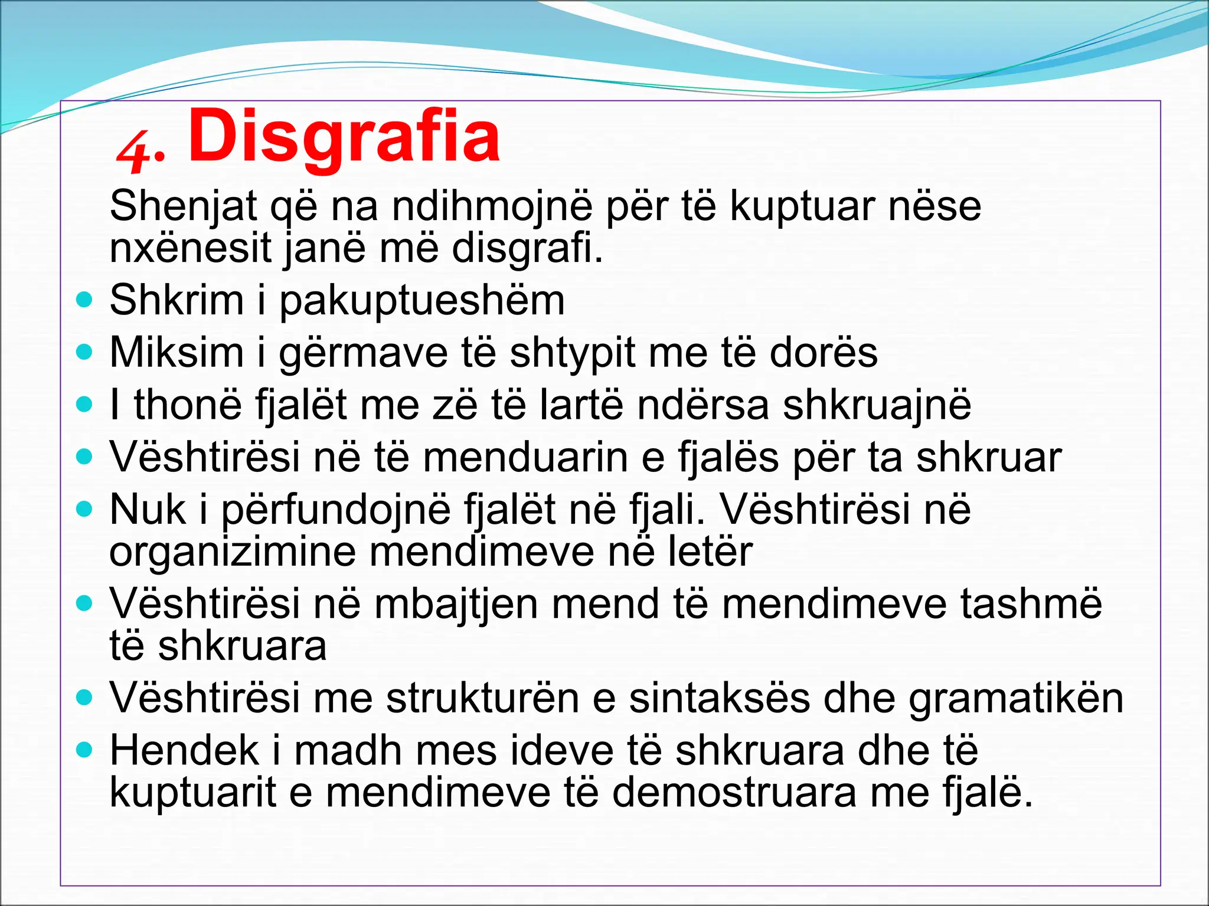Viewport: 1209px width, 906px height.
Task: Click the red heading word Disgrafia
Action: [344, 137]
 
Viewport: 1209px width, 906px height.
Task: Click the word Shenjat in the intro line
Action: [184, 206]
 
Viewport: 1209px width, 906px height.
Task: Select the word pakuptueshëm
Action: [421, 301]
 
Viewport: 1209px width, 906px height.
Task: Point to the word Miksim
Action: [177, 353]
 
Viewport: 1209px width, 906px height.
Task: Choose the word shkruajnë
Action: [877, 406]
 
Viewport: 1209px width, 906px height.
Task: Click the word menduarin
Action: [525, 458]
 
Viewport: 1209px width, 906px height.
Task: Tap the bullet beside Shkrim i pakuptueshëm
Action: [85, 300]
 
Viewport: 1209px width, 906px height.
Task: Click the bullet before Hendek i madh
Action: [85, 750]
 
